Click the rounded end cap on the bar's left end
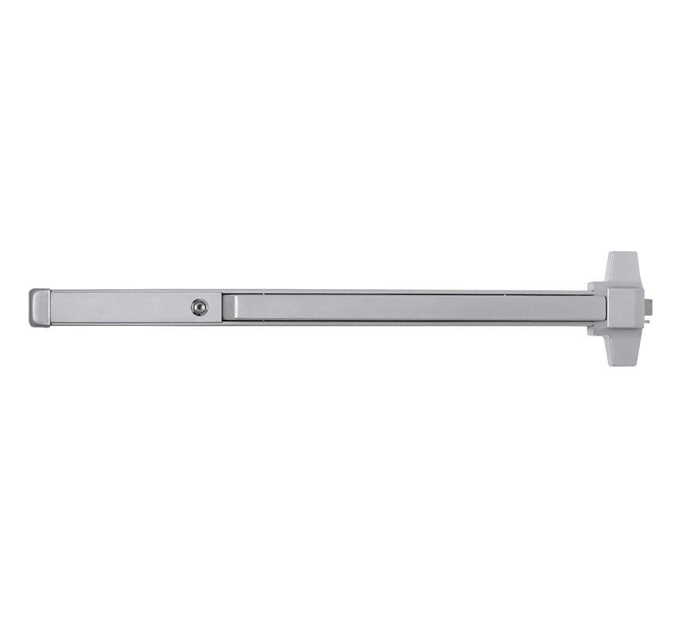[x=39, y=308]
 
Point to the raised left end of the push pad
[x=229, y=307]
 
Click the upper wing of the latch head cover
[x=623, y=267]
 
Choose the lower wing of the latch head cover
[x=623, y=349]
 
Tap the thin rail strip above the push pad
[x=408, y=292]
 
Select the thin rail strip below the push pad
[x=408, y=322]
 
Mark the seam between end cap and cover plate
[x=50, y=308]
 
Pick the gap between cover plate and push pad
[x=222, y=308]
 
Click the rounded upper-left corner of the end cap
[x=33, y=292]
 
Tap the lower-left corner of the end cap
[x=33, y=324]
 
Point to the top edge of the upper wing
[x=623, y=253]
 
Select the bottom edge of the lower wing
[x=623, y=364]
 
